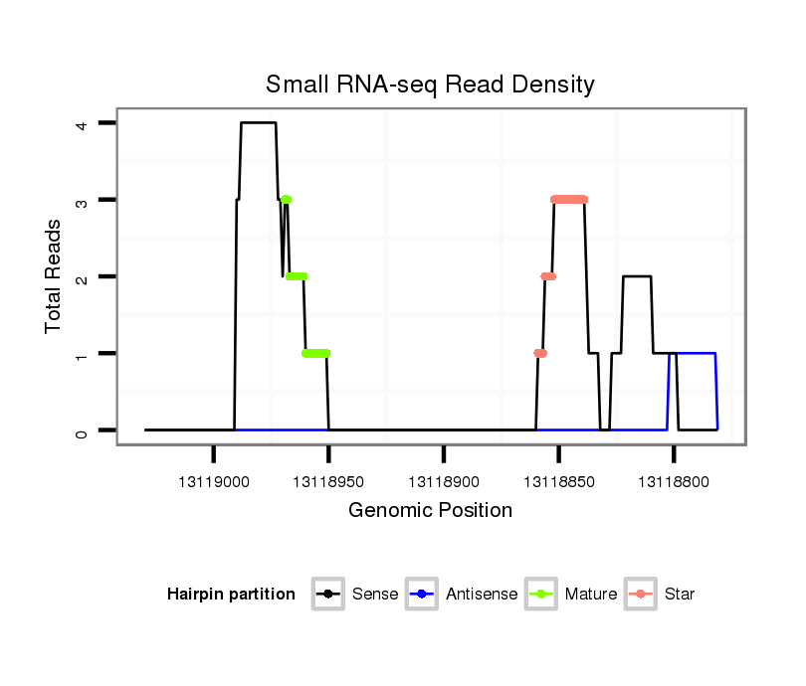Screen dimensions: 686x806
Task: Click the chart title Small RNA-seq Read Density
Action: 430,85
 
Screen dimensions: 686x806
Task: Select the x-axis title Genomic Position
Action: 430,511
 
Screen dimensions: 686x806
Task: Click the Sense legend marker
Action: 327,595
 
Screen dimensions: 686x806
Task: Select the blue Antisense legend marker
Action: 421,595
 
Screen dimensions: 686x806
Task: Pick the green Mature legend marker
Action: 540,595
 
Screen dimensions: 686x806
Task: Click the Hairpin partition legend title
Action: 231,595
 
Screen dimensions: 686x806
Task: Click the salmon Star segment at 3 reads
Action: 569,200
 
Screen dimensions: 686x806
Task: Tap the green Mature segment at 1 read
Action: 316,353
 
